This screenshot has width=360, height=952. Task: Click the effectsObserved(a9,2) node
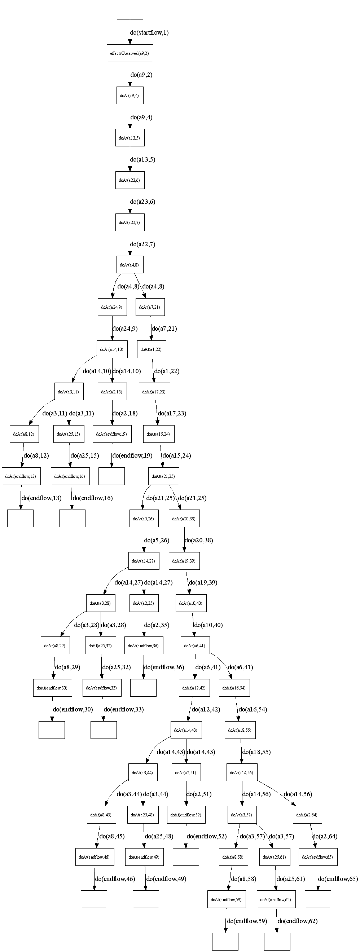(x=129, y=54)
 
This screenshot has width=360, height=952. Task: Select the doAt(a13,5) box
(x=129, y=138)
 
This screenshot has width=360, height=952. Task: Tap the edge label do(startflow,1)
(x=149, y=32)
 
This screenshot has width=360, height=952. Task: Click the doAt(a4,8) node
(x=129, y=265)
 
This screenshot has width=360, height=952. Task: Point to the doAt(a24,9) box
(x=112, y=307)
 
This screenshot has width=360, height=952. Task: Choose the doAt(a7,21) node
(x=150, y=307)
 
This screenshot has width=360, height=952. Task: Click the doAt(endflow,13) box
(x=21, y=476)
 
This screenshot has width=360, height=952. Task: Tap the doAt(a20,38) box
(x=184, y=519)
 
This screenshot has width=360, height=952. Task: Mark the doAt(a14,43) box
(x=186, y=730)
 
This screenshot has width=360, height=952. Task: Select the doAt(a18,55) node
(x=240, y=730)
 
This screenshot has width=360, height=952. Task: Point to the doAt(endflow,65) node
(x=317, y=857)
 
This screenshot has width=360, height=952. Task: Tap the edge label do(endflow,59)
(x=247, y=921)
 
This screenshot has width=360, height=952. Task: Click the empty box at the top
(x=130, y=10)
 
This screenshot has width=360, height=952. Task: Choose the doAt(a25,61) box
(x=274, y=857)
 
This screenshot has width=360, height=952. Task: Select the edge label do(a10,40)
(x=208, y=625)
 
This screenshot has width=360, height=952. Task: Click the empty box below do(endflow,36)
(x=143, y=688)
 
